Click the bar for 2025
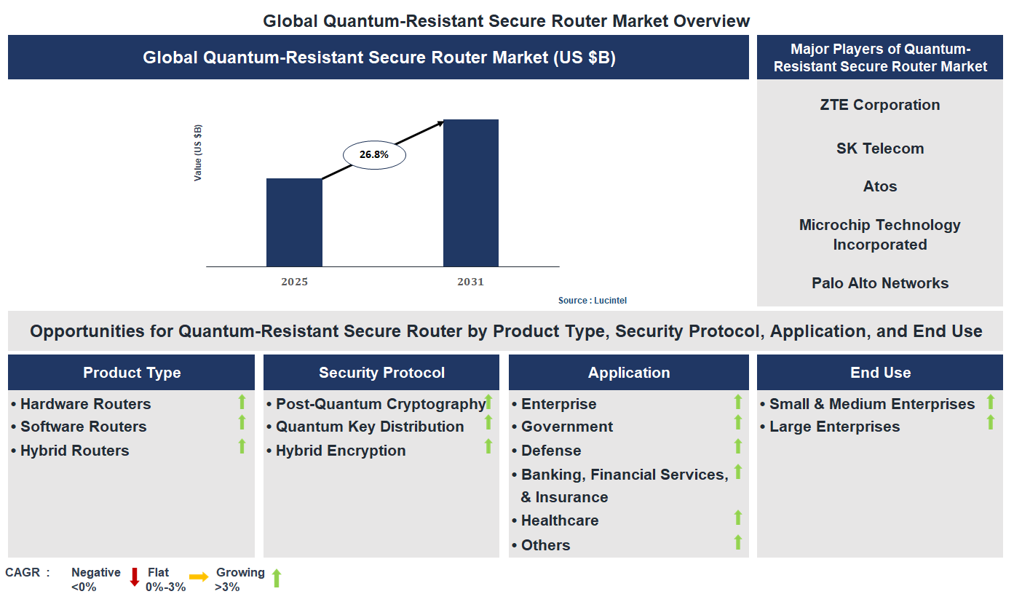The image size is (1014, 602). tap(294, 222)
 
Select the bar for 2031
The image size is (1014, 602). tap(471, 193)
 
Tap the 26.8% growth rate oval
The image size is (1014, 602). tap(374, 154)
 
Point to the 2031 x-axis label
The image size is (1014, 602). tap(470, 282)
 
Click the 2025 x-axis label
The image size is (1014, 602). tap(295, 282)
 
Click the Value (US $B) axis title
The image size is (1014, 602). tap(198, 153)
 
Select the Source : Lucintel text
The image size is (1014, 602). tap(592, 301)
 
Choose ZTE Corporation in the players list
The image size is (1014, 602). tap(879, 105)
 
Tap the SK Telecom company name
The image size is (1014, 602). tap(879, 148)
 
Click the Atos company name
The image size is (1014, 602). tap(879, 186)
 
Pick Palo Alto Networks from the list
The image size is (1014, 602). tap(879, 283)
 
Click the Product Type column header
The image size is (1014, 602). tap(132, 373)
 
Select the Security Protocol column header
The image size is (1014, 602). tap(381, 373)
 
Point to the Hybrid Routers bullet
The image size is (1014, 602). tap(74, 451)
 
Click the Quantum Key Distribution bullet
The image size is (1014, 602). tap(370, 427)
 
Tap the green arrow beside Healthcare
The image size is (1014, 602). tap(737, 518)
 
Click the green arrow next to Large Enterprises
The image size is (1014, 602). tap(990, 422)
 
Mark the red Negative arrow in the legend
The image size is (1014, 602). tap(134, 577)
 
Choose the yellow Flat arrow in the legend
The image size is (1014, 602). tap(199, 577)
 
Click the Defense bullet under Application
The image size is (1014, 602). tap(550, 451)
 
